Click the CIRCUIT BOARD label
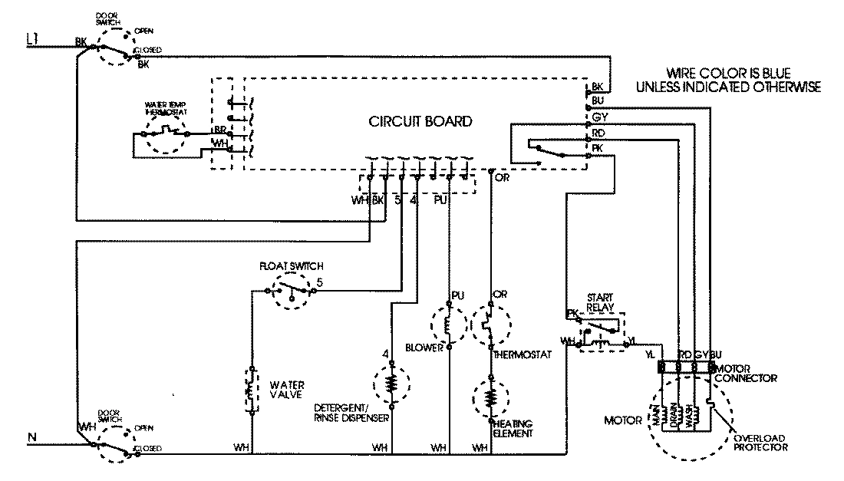click(420, 122)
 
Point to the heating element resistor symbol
click(490, 396)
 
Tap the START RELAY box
click(597, 330)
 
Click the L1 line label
click(33, 38)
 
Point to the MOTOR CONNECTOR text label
click(747, 374)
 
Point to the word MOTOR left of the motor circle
click(622, 420)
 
